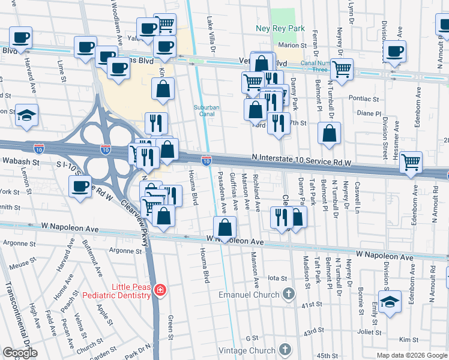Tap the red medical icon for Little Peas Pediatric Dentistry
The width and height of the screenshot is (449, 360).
160,291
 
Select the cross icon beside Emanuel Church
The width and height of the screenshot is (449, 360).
289,295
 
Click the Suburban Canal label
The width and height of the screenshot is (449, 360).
205,112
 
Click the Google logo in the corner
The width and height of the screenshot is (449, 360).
20,353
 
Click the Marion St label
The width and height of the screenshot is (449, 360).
292,46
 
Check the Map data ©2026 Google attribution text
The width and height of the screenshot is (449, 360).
411,356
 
